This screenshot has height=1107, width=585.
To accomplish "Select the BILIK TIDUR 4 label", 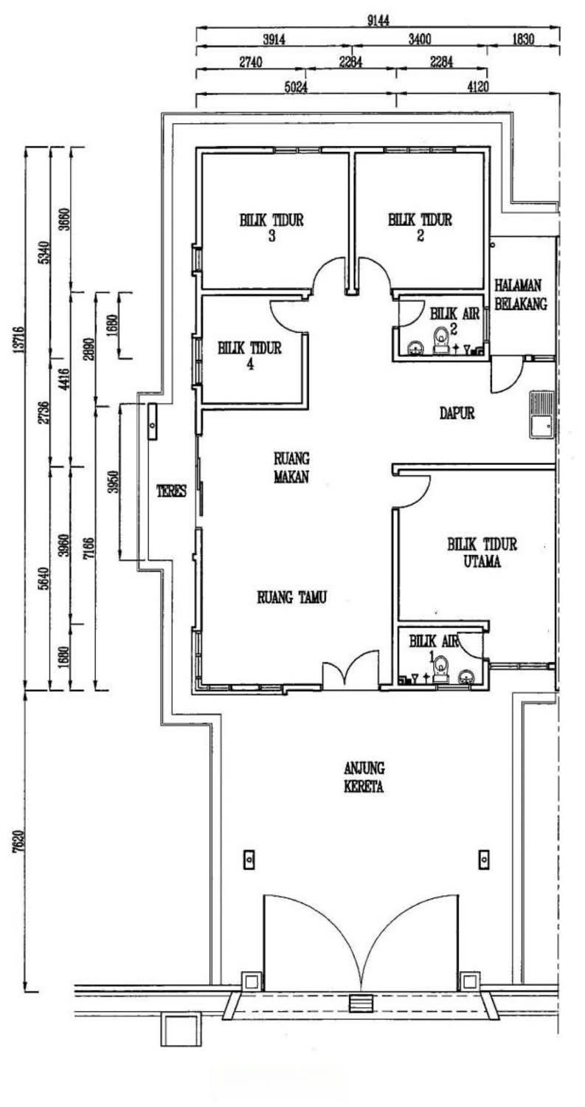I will [249, 355].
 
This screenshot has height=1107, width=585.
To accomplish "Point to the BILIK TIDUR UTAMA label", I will [482, 552].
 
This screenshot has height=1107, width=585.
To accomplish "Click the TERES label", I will [170, 490].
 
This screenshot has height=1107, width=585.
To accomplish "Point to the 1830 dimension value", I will [522, 40].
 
